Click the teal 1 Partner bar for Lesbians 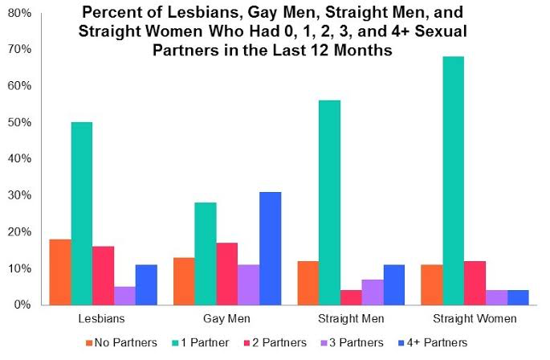[x=82, y=214]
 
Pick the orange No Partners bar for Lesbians [x=60, y=272]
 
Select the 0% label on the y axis [x=24, y=305]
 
